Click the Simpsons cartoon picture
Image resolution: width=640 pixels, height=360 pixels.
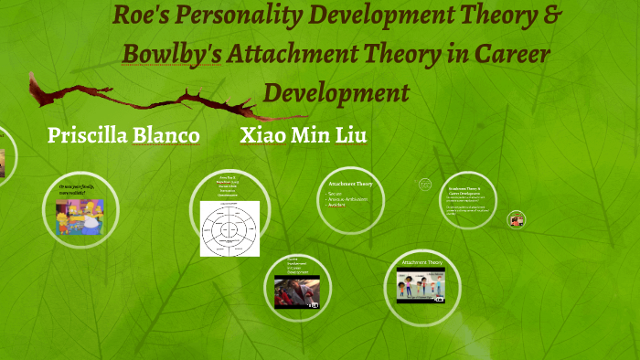tap(79, 217)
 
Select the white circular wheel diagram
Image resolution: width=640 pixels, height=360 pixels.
tap(229, 228)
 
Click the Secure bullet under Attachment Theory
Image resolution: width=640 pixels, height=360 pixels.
tap(336, 194)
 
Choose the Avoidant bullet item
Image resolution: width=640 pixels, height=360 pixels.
tap(339, 206)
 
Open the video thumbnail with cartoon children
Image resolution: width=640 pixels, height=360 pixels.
tap(421, 287)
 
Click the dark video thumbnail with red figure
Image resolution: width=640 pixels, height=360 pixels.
tap(297, 291)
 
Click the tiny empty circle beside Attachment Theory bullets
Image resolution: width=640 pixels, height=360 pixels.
tap(425, 185)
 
